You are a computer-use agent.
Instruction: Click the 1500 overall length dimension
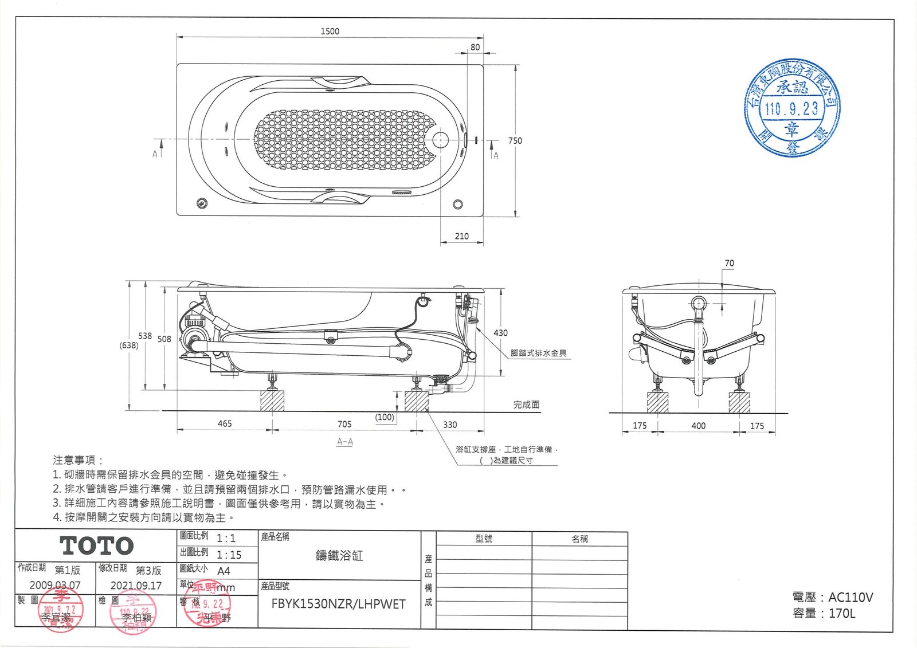pos(330,32)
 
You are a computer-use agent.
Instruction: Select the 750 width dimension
pos(515,140)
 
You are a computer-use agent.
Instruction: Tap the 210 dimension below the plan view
pos(461,236)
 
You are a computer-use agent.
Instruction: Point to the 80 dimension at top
pos(475,48)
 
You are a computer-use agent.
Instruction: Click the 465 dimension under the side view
pos(225,424)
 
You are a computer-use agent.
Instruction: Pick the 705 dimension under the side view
pos(344,425)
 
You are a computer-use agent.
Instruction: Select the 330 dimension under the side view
pos(450,425)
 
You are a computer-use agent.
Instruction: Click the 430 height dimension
pos(500,333)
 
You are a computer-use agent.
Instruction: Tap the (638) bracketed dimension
pos(128,345)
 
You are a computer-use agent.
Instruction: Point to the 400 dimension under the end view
pos(698,426)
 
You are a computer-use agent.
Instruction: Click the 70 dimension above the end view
pos(729,264)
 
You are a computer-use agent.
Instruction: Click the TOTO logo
pos(97,546)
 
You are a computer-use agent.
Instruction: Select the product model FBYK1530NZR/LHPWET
pos(338,604)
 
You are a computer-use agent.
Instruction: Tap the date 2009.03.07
pos(55,586)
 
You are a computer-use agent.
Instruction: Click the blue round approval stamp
pos(791,108)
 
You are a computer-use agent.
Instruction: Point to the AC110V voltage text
pos(851,598)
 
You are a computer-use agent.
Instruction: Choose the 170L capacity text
pos(841,614)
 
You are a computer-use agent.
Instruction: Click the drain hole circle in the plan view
pos(440,139)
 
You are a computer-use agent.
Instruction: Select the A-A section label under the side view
pos(344,442)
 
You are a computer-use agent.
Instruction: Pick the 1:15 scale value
pos(229,555)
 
